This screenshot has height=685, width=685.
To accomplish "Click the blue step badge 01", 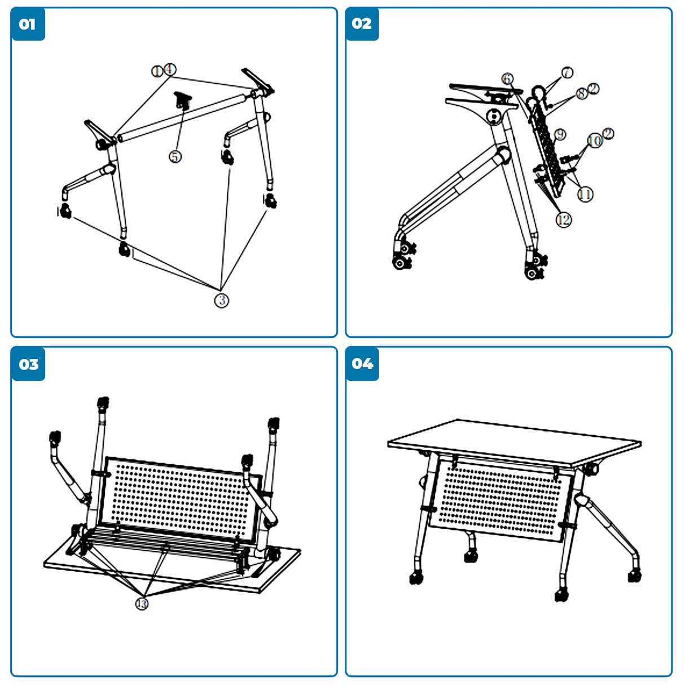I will coord(28,24).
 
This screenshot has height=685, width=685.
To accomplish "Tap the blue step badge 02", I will coord(362,24).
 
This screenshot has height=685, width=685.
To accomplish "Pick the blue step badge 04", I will coord(362,364).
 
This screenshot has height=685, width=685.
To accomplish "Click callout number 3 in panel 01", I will coord(222,300).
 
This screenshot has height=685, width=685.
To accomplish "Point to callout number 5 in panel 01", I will coord(175,156).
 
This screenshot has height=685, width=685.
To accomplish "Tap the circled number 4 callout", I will coord(170,69).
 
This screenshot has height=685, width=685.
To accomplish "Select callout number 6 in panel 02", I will coord(508,79).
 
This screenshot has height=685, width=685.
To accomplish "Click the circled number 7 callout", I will coord(567,72).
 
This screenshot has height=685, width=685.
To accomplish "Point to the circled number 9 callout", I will coord(560,134).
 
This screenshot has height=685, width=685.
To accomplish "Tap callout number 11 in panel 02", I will coord(585,194).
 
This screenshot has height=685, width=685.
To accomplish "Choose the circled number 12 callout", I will coord(564,219).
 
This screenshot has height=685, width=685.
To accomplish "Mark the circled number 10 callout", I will coord(595,140).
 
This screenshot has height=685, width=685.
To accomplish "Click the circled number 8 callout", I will coord(582,94).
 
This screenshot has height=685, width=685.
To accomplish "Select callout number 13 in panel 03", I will coord(142,604).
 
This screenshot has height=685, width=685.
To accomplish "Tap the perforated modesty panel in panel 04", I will coord(499,497).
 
